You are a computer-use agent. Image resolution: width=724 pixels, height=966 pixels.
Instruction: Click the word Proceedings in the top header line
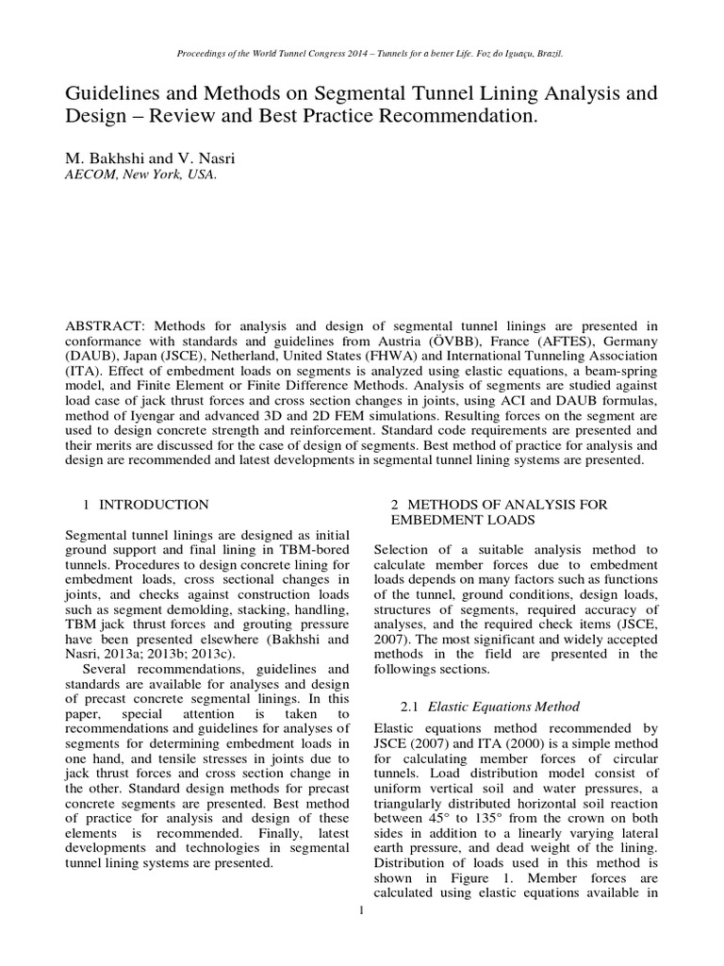tap(199, 54)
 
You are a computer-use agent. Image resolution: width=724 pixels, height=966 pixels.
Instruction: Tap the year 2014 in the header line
tap(343, 54)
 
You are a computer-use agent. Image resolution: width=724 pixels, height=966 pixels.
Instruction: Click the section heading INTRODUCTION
tap(155, 505)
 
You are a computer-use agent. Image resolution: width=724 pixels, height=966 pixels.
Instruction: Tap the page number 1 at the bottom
tap(361, 910)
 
